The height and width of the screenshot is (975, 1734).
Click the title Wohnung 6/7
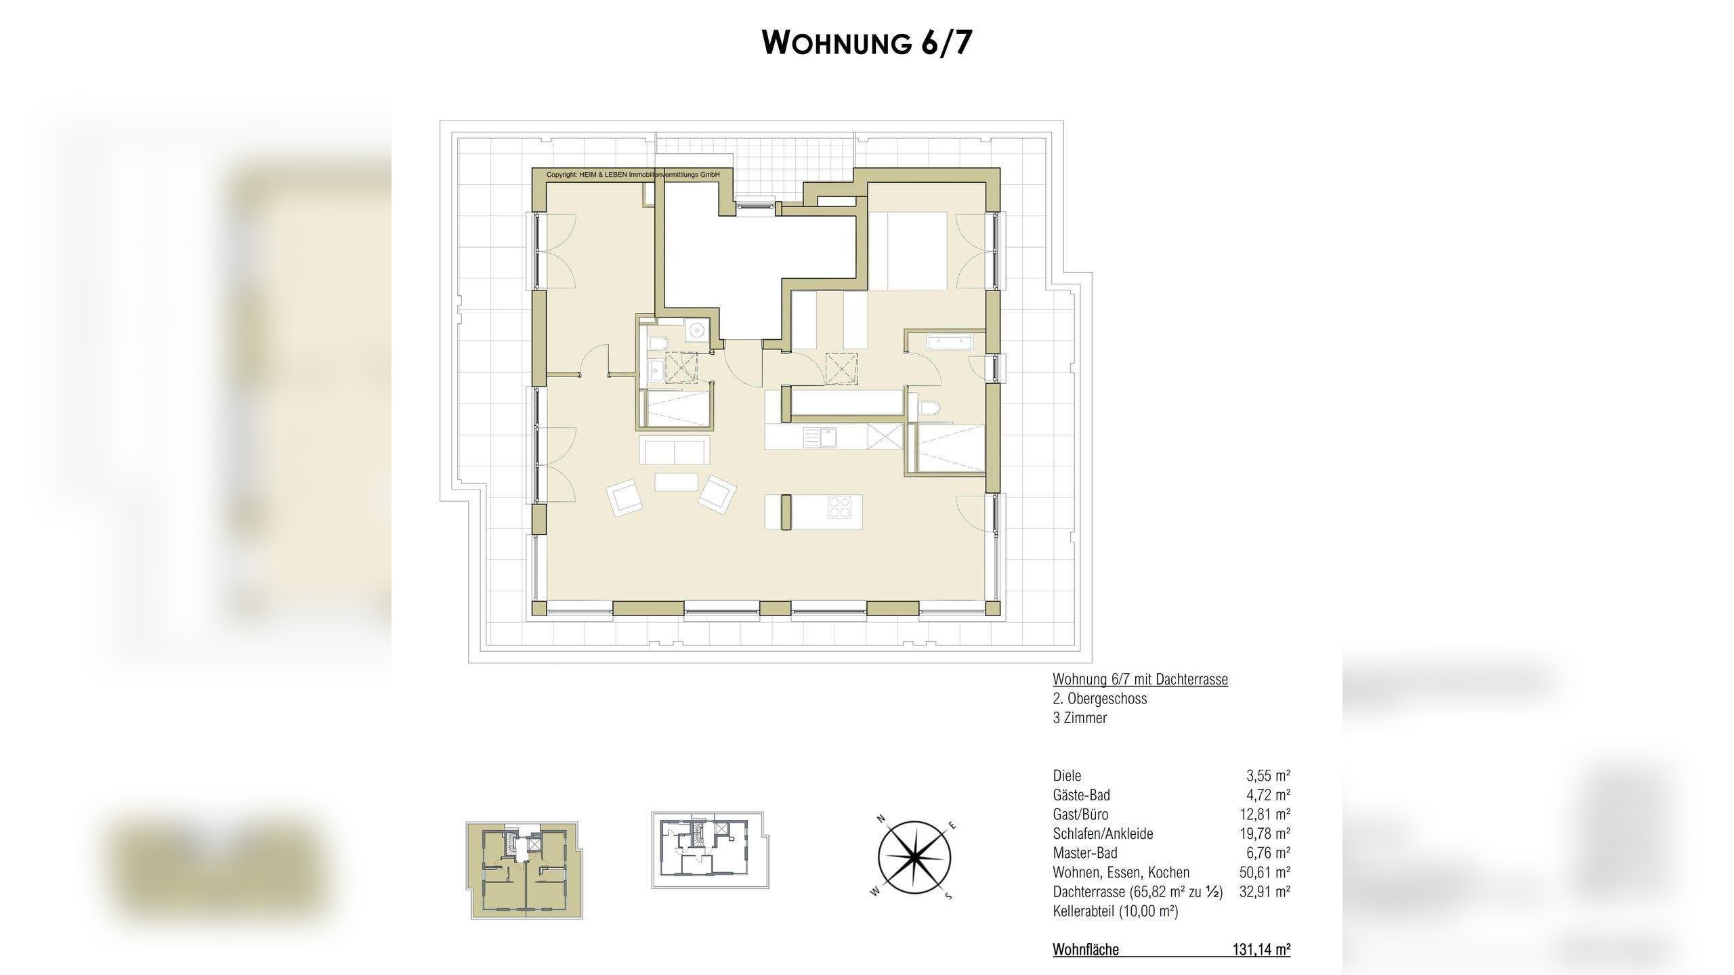click(x=867, y=42)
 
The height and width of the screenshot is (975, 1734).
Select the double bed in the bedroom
click(x=908, y=251)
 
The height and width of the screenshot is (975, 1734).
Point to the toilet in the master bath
click(x=930, y=407)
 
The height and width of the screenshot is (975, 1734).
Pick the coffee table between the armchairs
click(x=676, y=481)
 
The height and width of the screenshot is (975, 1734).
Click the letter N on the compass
click(x=882, y=819)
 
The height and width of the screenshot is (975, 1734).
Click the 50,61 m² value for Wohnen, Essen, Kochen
click(x=1265, y=872)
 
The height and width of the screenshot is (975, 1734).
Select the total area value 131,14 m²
click(x=1261, y=950)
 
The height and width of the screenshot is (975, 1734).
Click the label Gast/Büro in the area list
click(x=1080, y=815)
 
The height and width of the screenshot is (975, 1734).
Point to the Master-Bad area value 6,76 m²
click(x=1268, y=853)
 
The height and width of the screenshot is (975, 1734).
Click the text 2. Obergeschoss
click(x=1100, y=699)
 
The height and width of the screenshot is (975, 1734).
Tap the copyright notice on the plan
click(x=633, y=175)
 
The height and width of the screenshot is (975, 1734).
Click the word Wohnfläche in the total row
click(x=1086, y=950)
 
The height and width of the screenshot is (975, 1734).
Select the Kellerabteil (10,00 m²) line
click(x=1116, y=911)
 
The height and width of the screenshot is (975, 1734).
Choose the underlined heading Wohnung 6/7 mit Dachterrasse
click(x=1140, y=679)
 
